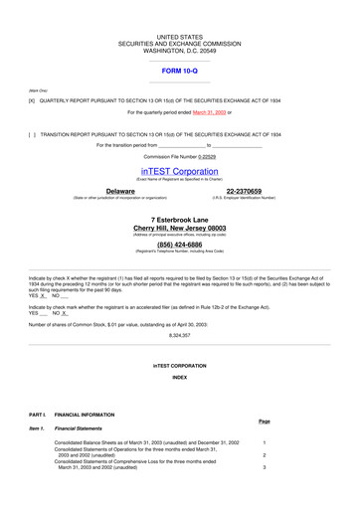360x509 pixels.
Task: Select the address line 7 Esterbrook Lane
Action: pos(180,216)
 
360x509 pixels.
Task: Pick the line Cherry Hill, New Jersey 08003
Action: pos(180,227)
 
